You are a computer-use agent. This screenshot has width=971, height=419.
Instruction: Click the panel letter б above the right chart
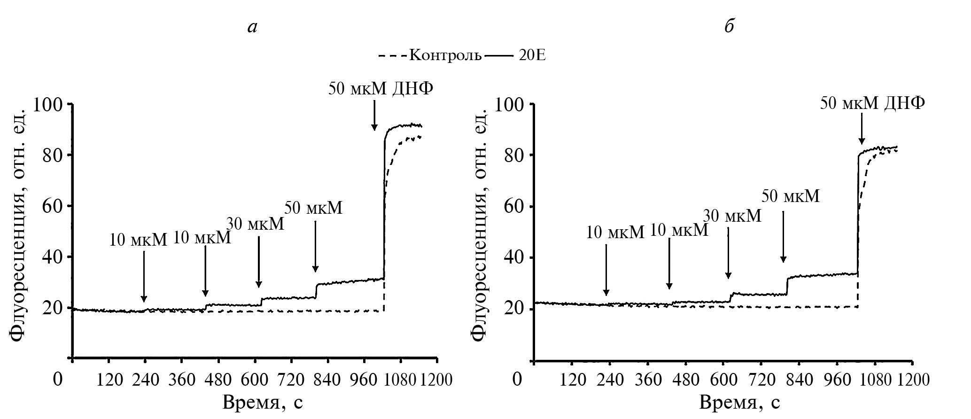pyautogui.click(x=729, y=27)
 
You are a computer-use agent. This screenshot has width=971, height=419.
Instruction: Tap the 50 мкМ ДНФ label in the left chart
pyautogui.click(x=380, y=88)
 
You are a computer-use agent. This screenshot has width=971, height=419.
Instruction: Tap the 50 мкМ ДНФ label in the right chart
pyautogui.click(x=872, y=103)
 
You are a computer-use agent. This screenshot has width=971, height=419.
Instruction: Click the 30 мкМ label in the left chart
pyautogui.click(x=255, y=224)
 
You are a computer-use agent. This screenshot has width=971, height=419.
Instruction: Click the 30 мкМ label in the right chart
pyautogui.click(x=732, y=216)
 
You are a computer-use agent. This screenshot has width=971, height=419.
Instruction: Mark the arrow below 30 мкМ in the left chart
pyautogui.click(x=259, y=262)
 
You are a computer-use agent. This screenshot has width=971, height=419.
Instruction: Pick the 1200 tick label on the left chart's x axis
pyautogui.click(x=437, y=380)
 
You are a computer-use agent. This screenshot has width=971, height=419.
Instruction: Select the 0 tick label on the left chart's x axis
pyautogui.click(x=58, y=380)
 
